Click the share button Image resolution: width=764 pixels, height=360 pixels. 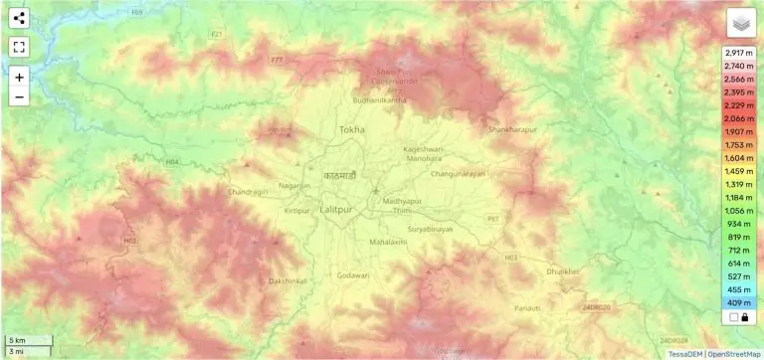click(20, 18)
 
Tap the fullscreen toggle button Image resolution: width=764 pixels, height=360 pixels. click(20, 46)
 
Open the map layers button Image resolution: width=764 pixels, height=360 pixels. click(741, 23)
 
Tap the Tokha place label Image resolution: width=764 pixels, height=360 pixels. click(352, 130)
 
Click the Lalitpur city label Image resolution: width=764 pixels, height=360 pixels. click(344, 208)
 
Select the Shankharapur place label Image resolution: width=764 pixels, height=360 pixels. click(512, 129)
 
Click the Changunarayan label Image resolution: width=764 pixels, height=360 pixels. click(458, 174)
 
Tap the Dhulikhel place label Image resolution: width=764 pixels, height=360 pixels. click(562, 270)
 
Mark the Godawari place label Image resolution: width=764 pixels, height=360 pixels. click(353, 274)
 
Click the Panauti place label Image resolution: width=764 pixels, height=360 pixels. click(527, 309)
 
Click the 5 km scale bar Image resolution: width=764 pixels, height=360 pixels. click(27, 340)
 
